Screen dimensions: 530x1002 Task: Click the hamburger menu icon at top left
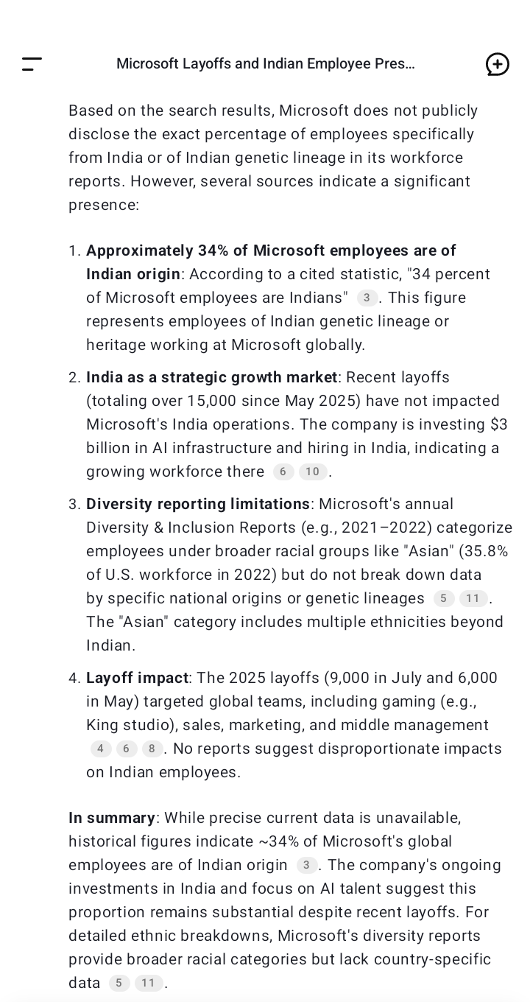click(32, 63)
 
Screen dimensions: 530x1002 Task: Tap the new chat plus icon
click(498, 64)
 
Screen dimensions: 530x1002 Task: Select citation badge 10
click(312, 472)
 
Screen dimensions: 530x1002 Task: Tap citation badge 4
click(101, 749)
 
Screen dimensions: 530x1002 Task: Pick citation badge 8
click(152, 749)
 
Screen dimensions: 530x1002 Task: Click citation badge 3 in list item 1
click(367, 298)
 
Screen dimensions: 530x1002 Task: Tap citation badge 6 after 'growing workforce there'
click(283, 472)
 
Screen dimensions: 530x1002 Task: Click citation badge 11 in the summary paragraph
click(148, 983)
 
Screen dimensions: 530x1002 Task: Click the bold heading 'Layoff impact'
click(137, 678)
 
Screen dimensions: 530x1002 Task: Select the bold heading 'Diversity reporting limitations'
click(198, 504)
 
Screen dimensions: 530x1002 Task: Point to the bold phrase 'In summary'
click(112, 818)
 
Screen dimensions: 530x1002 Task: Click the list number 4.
click(74, 678)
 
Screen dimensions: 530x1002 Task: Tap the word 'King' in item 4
click(102, 725)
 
